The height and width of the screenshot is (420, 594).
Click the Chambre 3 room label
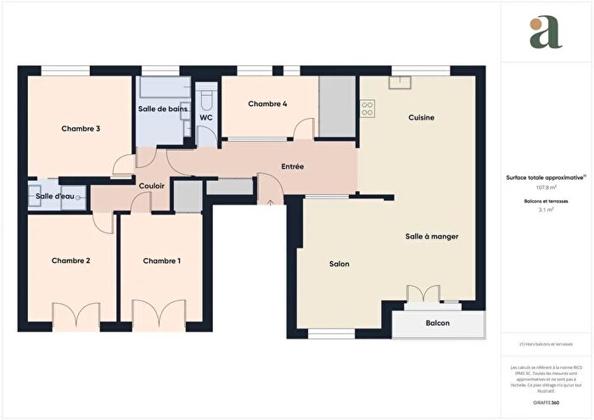(81, 129)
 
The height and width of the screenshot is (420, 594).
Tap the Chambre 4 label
(267, 104)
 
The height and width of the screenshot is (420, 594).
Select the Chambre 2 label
(70, 260)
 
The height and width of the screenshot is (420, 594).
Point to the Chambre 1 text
(161, 260)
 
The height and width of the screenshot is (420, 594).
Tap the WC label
(205, 117)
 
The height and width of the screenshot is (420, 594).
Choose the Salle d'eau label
(54, 197)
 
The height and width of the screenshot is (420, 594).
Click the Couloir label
(151, 184)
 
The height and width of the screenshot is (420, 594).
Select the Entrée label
(293, 167)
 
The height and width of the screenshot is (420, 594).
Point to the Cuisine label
(422, 117)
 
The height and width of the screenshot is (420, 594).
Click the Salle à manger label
(432, 237)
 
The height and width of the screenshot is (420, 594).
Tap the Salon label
(339, 264)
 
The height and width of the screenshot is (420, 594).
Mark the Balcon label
(438, 323)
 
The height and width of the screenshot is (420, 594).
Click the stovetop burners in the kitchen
(367, 109)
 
